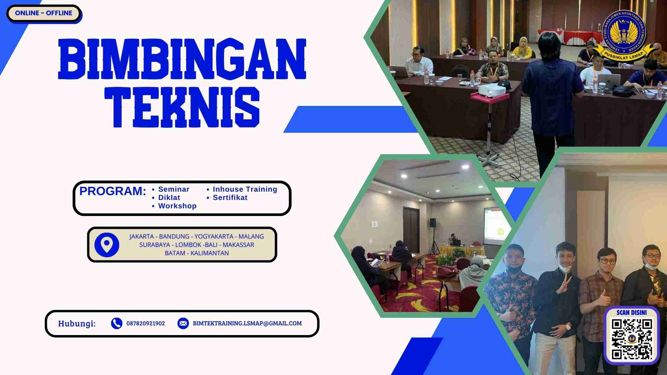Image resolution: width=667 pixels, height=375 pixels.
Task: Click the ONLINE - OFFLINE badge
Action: (x=43, y=13)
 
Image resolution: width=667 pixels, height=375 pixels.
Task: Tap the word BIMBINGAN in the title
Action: (x=182, y=59)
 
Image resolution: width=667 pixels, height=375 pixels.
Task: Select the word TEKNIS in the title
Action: (x=182, y=107)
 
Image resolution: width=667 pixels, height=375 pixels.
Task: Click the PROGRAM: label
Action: (x=113, y=191)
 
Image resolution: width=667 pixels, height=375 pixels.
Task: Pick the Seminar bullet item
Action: (x=173, y=189)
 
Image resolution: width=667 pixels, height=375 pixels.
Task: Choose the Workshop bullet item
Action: (x=177, y=206)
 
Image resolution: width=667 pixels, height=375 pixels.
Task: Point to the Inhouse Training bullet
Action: (x=245, y=189)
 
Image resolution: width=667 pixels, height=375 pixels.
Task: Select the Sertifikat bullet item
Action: (x=230, y=198)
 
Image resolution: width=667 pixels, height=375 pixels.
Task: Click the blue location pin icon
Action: (x=107, y=245)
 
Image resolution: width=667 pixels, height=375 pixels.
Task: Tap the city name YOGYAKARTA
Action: (x=214, y=236)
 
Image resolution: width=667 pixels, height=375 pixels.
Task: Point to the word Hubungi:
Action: (x=77, y=324)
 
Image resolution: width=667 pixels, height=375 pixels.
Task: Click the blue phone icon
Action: (x=116, y=323)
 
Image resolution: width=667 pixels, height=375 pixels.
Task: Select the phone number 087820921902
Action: (x=146, y=324)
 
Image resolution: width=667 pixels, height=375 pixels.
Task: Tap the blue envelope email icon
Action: (x=183, y=323)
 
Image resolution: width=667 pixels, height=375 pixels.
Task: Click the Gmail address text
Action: (x=247, y=323)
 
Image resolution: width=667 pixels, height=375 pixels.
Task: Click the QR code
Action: (x=632, y=339)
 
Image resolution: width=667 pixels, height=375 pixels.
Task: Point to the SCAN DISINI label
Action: (x=632, y=312)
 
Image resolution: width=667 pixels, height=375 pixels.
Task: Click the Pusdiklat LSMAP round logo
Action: (x=624, y=35)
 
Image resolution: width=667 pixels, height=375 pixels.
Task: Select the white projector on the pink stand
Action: (x=491, y=91)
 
